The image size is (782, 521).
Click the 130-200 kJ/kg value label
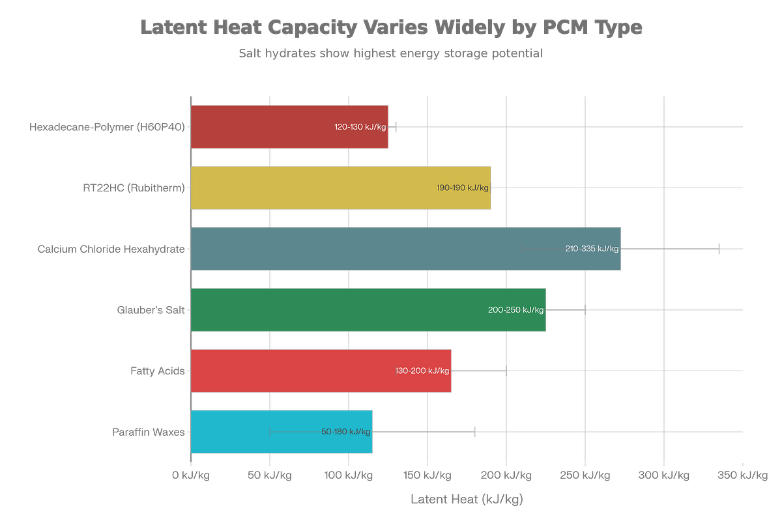click(x=422, y=371)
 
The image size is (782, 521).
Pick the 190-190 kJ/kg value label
click(x=462, y=188)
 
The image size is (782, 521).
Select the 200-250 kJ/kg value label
click(x=515, y=310)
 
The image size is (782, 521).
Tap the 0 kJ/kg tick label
click(x=190, y=475)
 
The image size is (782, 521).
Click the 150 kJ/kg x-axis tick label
click(x=427, y=475)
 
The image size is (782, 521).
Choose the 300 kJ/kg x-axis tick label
click(x=663, y=475)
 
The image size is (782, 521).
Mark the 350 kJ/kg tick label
click(x=742, y=475)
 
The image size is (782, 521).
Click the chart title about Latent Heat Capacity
click(x=391, y=28)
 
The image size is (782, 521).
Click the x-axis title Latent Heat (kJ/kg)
click(x=467, y=499)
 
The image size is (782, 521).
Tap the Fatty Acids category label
click(x=158, y=371)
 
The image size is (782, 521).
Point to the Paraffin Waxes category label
click(x=149, y=432)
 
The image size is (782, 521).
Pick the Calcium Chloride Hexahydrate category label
click(x=111, y=249)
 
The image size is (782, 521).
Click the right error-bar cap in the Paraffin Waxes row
click(x=474, y=432)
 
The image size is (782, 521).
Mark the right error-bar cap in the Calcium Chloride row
click(x=718, y=249)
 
